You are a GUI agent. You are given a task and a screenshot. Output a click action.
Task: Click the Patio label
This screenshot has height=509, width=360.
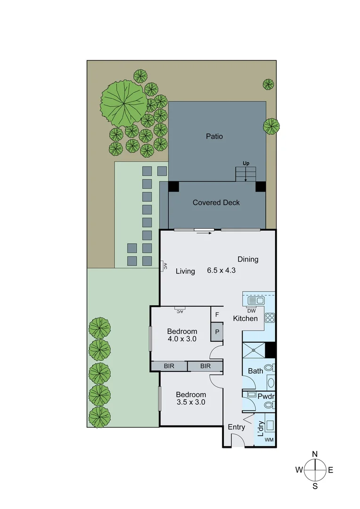click(x=214, y=137)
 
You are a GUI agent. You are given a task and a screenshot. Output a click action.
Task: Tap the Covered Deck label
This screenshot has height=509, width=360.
click(x=216, y=203)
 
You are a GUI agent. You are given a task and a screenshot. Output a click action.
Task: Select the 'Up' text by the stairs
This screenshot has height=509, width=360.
click(x=245, y=164)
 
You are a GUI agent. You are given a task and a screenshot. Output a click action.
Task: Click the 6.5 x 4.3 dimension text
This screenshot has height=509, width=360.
click(x=221, y=271)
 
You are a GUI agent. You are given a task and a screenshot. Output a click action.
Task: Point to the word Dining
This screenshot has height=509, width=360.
click(x=248, y=259)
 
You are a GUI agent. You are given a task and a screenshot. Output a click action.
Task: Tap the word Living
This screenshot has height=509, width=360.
click(x=185, y=271)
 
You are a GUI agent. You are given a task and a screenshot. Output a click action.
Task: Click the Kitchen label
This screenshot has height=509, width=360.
click(x=245, y=319)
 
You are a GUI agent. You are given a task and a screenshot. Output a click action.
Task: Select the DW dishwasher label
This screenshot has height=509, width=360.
click(x=251, y=311)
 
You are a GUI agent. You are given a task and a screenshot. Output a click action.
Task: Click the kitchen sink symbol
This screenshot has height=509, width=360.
click(x=255, y=300)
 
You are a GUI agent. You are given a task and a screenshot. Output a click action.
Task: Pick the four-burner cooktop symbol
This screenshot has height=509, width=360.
click(x=270, y=318)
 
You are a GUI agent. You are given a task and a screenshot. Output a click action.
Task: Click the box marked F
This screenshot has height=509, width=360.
click(x=217, y=314)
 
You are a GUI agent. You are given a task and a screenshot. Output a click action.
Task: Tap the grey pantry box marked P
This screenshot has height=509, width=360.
click(x=217, y=331)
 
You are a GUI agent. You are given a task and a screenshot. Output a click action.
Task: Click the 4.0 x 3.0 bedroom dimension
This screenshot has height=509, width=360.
click(x=182, y=338)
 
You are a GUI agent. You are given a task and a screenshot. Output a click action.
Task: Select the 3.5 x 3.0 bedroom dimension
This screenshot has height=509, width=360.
click(x=191, y=402)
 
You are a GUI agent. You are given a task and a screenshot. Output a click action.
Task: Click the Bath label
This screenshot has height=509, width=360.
click(x=255, y=371)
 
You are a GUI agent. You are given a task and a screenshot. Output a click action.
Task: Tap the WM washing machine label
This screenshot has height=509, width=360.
click(x=269, y=440)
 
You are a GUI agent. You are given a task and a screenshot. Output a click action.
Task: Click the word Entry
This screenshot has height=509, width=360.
click(x=236, y=427)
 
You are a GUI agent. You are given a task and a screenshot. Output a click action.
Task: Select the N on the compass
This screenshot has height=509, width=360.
click(x=315, y=454)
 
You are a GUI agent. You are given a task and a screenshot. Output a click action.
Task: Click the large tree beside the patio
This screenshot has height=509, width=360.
click(x=124, y=101)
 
